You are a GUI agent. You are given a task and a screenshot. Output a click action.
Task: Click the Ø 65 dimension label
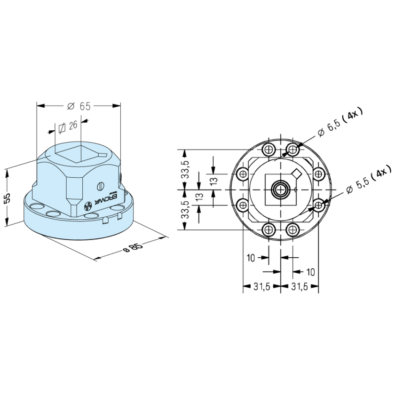(x=79, y=106)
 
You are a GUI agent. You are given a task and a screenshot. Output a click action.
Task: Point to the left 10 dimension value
(x=250, y=258)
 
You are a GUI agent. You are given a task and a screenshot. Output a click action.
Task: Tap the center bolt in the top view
(x=281, y=190)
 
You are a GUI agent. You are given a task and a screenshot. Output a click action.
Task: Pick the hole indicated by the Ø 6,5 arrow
(x=293, y=150)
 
